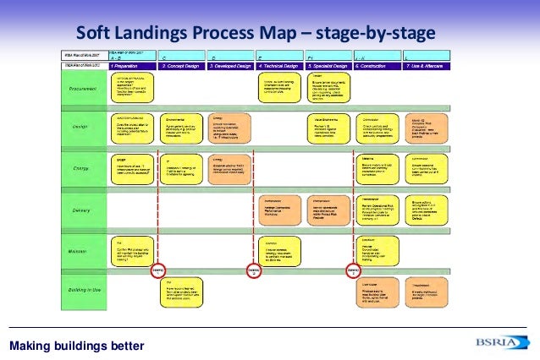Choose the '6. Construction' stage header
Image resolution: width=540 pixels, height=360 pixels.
coord(377,65)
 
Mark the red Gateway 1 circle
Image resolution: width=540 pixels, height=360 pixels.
coord(157,270)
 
